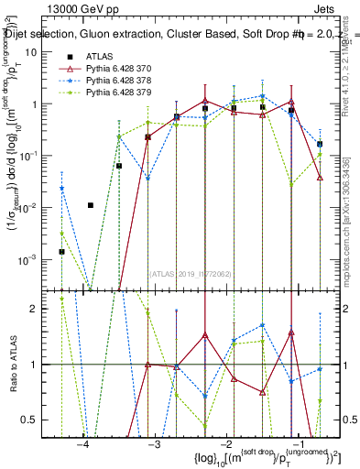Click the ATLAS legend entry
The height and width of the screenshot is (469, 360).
(x=99, y=57)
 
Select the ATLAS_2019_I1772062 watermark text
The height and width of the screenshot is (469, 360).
(x=191, y=273)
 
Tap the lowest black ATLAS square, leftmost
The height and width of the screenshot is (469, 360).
(x=61, y=251)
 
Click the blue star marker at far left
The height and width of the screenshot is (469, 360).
(x=61, y=189)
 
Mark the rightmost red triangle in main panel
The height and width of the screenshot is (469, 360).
(x=320, y=178)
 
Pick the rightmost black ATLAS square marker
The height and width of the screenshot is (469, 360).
(x=320, y=144)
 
